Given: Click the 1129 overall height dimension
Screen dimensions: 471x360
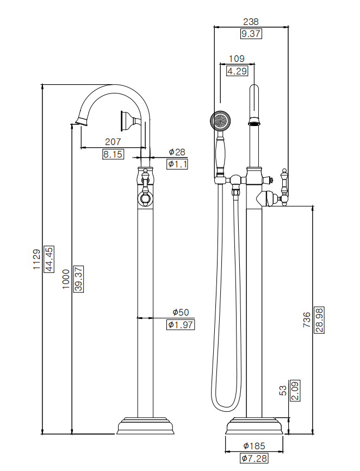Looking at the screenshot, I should pyautogui.click(x=36, y=260).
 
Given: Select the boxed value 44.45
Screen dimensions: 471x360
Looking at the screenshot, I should pyautogui.click(x=48, y=259).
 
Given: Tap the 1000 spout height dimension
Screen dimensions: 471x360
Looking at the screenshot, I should pyautogui.click(x=66, y=279).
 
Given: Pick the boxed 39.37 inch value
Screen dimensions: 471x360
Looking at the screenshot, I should pyautogui.click(x=78, y=279).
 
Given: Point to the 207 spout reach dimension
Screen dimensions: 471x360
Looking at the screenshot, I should pyautogui.click(x=113, y=142).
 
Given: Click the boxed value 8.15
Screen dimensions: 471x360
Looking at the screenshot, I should pyautogui.click(x=113, y=154).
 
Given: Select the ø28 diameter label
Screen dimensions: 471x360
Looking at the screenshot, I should pyautogui.click(x=177, y=152).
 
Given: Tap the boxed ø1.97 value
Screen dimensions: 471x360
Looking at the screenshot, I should pyautogui.click(x=180, y=325).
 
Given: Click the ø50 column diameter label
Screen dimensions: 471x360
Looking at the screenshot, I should pyautogui.click(x=180, y=312).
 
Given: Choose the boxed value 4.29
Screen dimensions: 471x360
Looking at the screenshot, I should pyautogui.click(x=237, y=71).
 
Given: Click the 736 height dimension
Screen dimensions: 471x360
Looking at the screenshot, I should pyautogui.click(x=307, y=321).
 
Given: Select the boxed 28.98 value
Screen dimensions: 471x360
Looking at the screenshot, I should pyautogui.click(x=319, y=321).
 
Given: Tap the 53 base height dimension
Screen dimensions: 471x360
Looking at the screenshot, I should pyautogui.click(x=282, y=390).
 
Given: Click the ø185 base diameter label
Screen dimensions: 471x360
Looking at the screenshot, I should pyautogui.click(x=254, y=446).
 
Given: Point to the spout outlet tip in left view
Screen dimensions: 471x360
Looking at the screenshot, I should pyautogui.click(x=80, y=120).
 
